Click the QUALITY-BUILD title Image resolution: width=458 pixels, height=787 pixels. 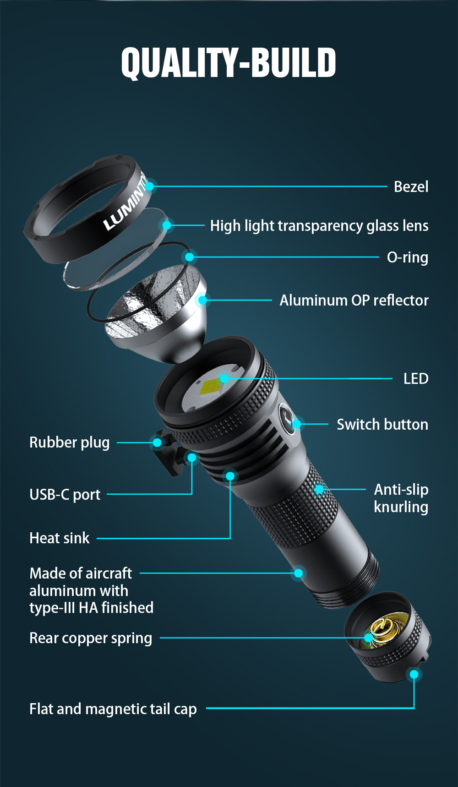pos(229,63)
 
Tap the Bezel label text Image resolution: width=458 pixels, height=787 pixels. pos(411,187)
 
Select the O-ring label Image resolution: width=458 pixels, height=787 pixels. pos(408,257)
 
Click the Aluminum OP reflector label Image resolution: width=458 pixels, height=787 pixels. pos(354,301)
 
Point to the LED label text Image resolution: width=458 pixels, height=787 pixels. pos(416,379)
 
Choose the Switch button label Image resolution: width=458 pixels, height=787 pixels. pos(382,425)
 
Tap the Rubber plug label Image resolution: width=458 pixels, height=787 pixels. pos(70,443)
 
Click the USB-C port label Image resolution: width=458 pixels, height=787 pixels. pos(65,495)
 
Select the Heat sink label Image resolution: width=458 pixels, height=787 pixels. pos(60,538)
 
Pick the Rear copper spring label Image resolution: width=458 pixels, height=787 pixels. pos(91,639)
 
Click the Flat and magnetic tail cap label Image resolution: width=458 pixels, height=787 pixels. pos(113,709)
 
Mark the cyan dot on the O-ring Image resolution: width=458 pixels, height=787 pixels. pos(190,257)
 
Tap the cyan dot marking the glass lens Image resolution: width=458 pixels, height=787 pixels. pos(167,225)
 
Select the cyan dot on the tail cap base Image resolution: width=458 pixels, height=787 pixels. pos(414,674)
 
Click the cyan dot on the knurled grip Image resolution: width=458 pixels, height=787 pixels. pos(319,489)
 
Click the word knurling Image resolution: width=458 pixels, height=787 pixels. pos(401,508)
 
